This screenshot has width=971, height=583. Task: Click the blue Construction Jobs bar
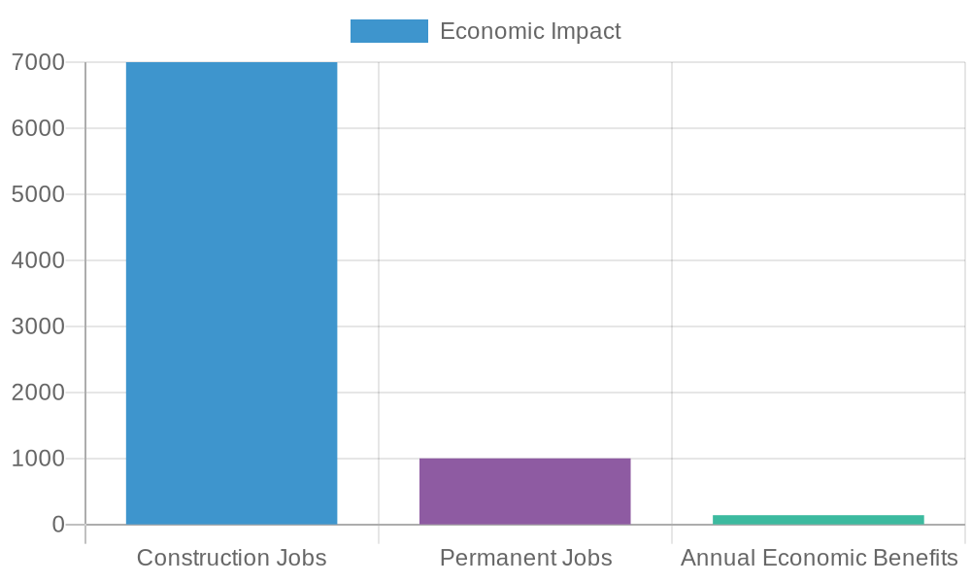click(231, 292)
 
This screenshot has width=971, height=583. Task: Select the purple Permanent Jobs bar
click(524, 491)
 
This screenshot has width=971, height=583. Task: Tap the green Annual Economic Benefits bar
click(818, 520)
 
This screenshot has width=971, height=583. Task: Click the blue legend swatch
click(388, 31)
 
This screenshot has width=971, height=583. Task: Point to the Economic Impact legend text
click(530, 31)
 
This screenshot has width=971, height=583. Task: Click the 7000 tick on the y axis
click(38, 62)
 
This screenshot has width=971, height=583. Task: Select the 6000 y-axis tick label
click(38, 128)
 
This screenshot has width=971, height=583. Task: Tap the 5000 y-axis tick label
click(38, 194)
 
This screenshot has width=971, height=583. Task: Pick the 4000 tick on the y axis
click(38, 260)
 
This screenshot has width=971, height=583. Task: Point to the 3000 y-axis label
click(38, 326)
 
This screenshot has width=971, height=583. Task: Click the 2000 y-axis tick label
click(38, 393)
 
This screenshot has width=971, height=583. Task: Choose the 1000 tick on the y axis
click(38, 458)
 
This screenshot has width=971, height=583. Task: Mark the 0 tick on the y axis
click(58, 524)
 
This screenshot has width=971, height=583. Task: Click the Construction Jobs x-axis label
click(231, 558)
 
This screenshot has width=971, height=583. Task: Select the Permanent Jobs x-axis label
click(525, 558)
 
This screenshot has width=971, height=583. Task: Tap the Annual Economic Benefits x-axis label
click(819, 558)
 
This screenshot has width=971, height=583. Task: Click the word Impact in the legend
click(586, 31)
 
